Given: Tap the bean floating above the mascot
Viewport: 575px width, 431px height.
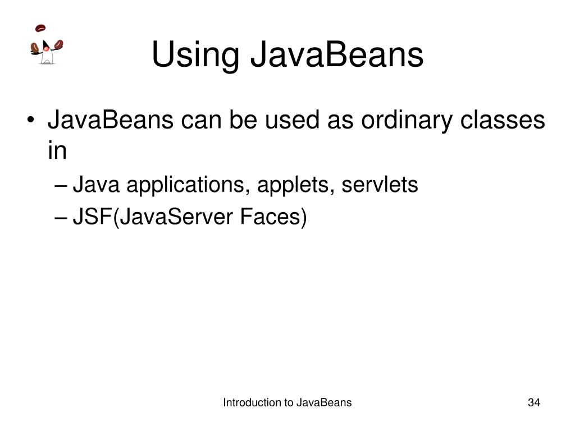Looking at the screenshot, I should pyautogui.click(x=40, y=28).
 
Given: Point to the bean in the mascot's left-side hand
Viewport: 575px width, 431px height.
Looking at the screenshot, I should pyautogui.click(x=34, y=47).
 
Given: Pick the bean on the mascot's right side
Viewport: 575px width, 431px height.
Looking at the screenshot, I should pyautogui.click(x=58, y=44).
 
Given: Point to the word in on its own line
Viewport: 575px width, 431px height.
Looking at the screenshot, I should pyautogui.click(x=57, y=151).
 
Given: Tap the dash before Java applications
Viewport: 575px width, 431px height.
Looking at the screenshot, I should pyautogui.click(x=63, y=185).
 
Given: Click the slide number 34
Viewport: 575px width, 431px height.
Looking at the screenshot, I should pyautogui.click(x=533, y=402).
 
